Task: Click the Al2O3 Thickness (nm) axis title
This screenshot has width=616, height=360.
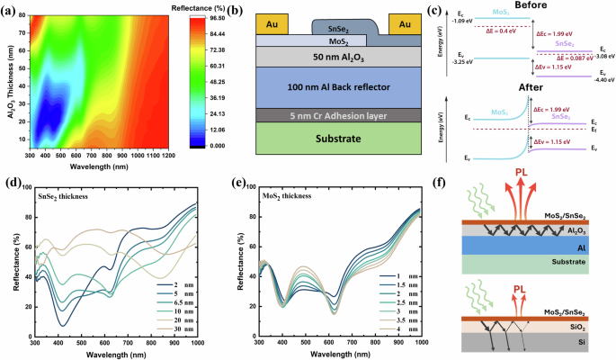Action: click(9, 80)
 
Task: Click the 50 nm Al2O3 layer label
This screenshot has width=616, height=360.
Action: click(338, 56)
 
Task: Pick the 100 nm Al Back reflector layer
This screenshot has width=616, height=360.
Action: click(338, 88)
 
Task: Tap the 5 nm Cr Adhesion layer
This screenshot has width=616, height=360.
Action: click(338, 114)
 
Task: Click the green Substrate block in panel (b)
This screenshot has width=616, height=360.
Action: click(338, 139)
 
